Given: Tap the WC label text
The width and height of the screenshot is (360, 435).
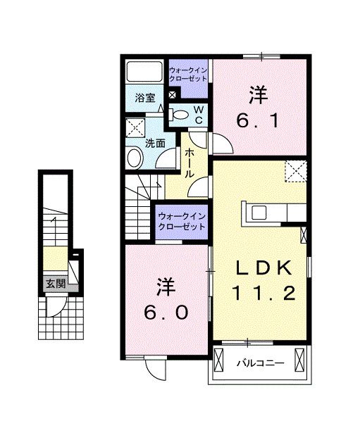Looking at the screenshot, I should click(x=198, y=115).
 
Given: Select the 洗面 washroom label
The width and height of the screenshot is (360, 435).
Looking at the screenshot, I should click(x=155, y=143).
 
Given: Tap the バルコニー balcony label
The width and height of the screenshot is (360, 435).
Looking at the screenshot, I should click(x=259, y=364).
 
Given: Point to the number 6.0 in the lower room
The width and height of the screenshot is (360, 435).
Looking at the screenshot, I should click(x=168, y=312).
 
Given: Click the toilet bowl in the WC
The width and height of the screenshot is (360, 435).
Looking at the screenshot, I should click(x=180, y=115).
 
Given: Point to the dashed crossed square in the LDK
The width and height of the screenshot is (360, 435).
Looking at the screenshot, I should click(x=295, y=171).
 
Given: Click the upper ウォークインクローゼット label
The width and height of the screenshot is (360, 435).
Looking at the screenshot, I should click(x=189, y=73).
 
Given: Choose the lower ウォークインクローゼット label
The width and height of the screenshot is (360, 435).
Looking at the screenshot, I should click(x=181, y=222).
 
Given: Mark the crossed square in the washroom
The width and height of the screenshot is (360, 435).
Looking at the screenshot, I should click(x=135, y=127).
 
